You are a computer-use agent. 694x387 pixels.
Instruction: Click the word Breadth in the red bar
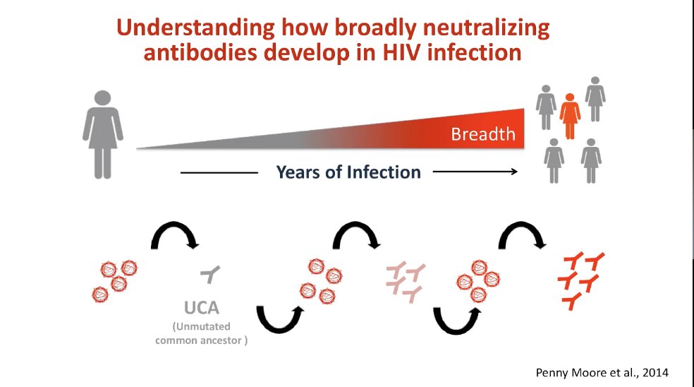(x=483, y=133)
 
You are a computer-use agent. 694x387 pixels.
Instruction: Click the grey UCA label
(x=202, y=308)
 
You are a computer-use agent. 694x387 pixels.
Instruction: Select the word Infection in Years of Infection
(x=384, y=172)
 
